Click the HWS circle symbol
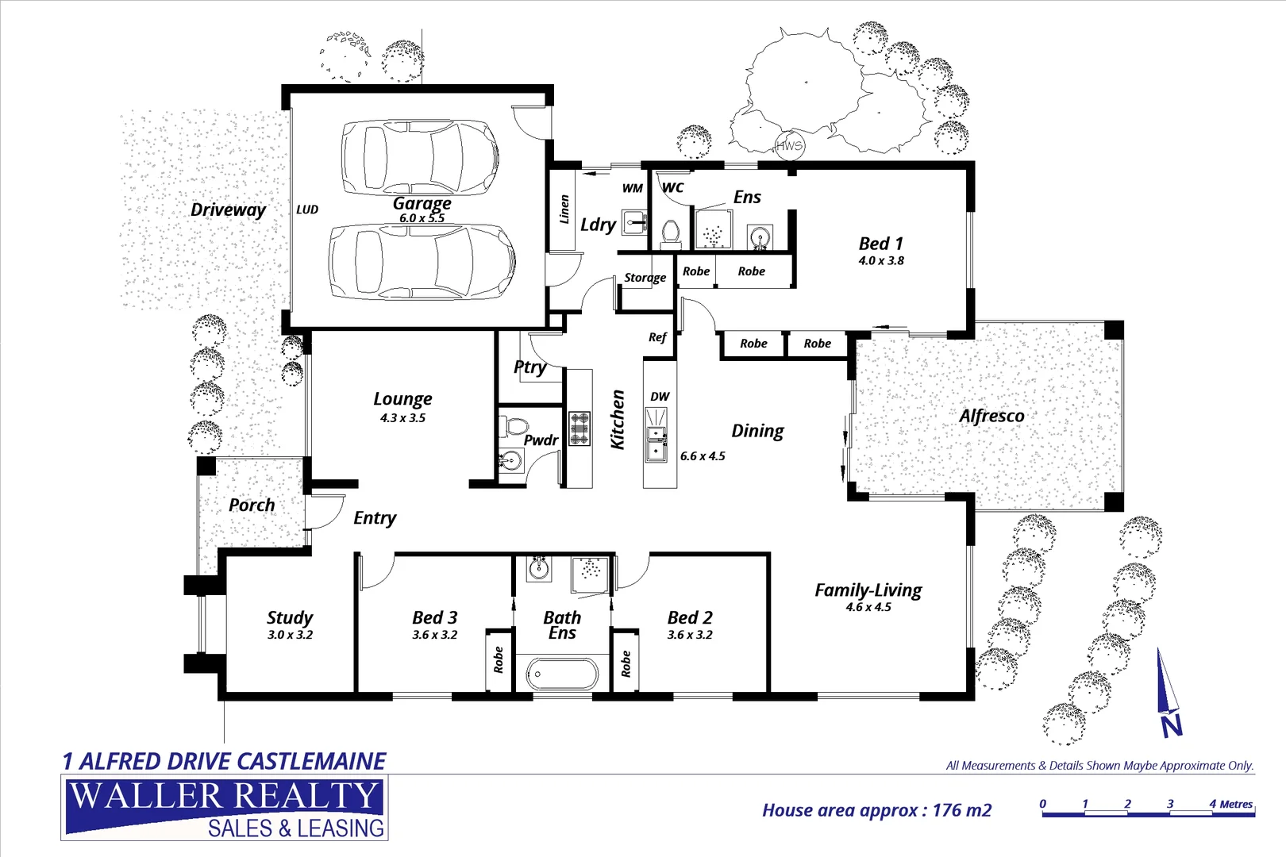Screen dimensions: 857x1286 click(x=789, y=145)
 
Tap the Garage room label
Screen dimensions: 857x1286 click(x=422, y=203)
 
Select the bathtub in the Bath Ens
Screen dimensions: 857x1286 click(x=561, y=674)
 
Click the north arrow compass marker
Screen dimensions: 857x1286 click(x=1167, y=694)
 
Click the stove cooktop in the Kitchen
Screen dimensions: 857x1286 click(x=579, y=428)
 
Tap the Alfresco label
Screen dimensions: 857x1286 click(x=991, y=416)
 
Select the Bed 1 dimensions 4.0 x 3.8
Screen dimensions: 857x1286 click(x=881, y=260)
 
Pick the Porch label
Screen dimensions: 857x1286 click(x=252, y=505)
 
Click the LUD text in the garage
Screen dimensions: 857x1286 click(x=307, y=209)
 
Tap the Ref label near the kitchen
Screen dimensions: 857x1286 click(x=657, y=337)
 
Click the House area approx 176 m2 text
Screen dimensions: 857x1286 click(x=876, y=810)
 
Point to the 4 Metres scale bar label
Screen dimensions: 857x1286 click(x=1230, y=804)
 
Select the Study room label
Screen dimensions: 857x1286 click(x=290, y=617)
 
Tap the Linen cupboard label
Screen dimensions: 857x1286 click(x=564, y=209)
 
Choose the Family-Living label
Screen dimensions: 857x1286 click(x=868, y=590)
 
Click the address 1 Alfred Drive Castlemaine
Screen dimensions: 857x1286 click(x=224, y=762)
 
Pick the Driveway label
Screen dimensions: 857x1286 click(x=228, y=209)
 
